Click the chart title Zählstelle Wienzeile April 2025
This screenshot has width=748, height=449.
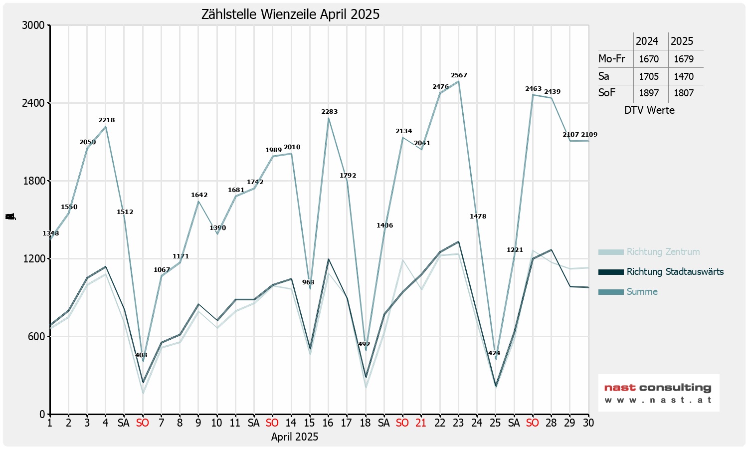290,14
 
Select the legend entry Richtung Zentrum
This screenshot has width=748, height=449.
663,252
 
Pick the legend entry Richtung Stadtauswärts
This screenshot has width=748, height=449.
675,272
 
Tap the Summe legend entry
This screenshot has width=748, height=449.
642,292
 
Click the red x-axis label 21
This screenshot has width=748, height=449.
421,423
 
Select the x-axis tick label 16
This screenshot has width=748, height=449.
328,423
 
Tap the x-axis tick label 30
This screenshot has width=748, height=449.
588,423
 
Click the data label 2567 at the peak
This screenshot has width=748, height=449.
459,75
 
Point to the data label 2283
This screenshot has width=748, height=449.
329,112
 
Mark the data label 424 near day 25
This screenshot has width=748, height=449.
494,353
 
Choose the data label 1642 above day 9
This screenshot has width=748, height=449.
199,195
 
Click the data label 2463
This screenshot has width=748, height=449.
533,89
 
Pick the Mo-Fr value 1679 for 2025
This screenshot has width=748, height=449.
684,59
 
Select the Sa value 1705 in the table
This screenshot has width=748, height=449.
649,76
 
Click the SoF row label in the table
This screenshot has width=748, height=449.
607,93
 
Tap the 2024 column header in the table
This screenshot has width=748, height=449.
647,41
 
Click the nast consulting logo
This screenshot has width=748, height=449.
658,393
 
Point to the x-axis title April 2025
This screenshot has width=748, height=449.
295,437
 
